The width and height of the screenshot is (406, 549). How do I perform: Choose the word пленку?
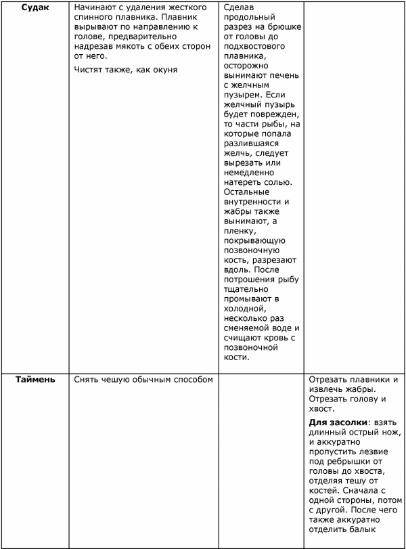pos(238,231)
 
